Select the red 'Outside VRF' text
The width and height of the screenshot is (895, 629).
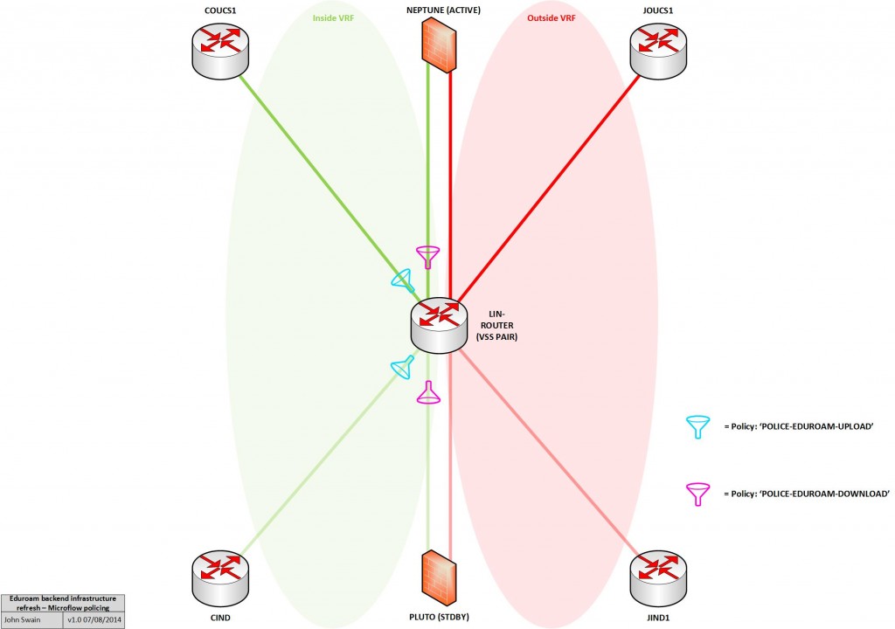coord(552,17)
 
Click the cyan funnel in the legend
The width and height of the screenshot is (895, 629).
coord(697,426)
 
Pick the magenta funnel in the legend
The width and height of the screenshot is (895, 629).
coord(697,494)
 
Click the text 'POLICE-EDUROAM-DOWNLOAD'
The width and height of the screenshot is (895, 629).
coord(805,494)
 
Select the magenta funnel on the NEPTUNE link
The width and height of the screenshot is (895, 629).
coord(427,257)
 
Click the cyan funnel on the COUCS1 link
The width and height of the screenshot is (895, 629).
coord(401,280)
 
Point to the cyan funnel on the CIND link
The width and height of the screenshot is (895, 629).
coord(401,369)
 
